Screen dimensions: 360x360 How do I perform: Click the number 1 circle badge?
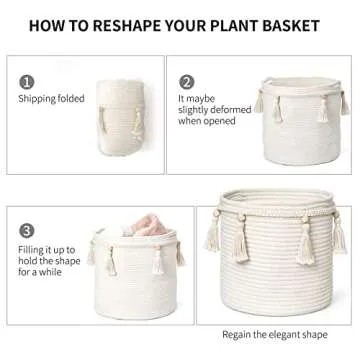pos(27,82)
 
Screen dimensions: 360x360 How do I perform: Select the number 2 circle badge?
pos(186,82)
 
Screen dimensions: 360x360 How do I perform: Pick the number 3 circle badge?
pos(27,232)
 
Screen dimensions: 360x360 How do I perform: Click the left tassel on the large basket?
pos(214,240)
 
